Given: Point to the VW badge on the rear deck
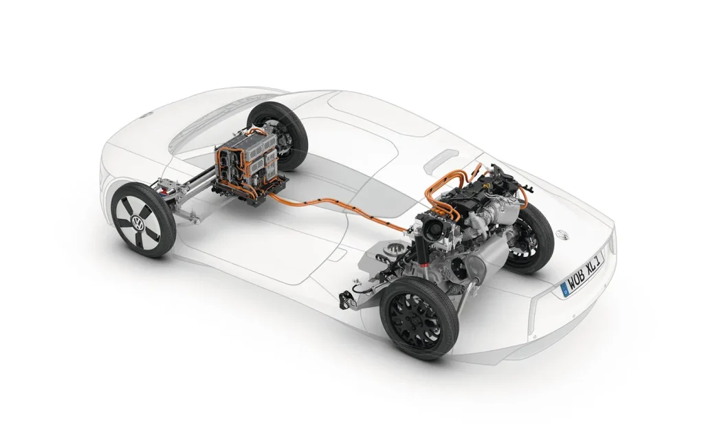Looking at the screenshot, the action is tap(560, 234).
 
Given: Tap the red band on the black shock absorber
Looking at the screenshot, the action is tap(423, 269).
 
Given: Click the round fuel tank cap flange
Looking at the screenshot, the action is tap(395, 247).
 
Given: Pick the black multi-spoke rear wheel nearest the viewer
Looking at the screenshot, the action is tap(420, 318).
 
